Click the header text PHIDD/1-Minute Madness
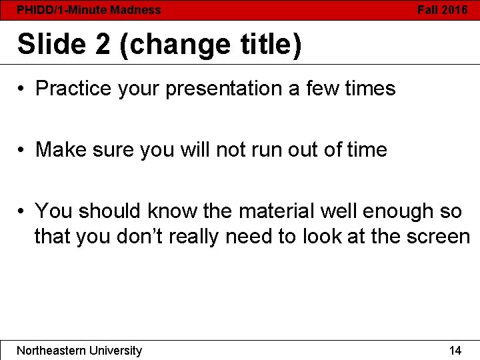[x=89, y=10]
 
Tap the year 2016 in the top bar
[x=455, y=10]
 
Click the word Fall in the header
[x=428, y=10]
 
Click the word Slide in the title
[x=51, y=45]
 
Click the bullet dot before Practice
[x=22, y=89]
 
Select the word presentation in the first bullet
[x=224, y=89]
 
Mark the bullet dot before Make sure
[x=22, y=150]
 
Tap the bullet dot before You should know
[x=22, y=211]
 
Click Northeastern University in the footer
[x=79, y=351]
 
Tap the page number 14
[x=455, y=351]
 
